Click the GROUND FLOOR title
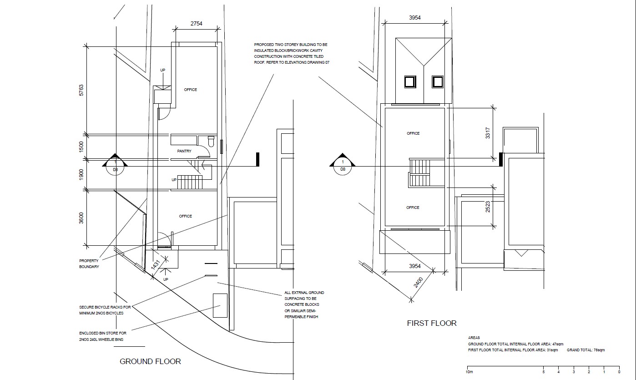point(150,361)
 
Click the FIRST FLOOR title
point(432,323)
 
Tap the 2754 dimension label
point(196,24)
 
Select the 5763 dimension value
point(81,90)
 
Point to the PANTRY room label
point(184,151)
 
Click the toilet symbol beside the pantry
point(211,141)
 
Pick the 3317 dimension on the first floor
point(488,133)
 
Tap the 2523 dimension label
point(488,207)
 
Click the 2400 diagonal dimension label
point(418,283)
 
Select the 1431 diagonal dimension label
point(156,265)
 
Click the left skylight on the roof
point(410,82)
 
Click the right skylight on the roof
point(437,82)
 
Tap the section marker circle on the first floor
point(343,166)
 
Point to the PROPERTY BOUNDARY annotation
point(89,263)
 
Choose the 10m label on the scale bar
point(469,372)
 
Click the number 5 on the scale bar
point(544,372)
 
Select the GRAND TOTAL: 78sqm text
point(586,350)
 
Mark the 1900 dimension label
point(81,174)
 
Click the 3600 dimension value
point(81,218)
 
